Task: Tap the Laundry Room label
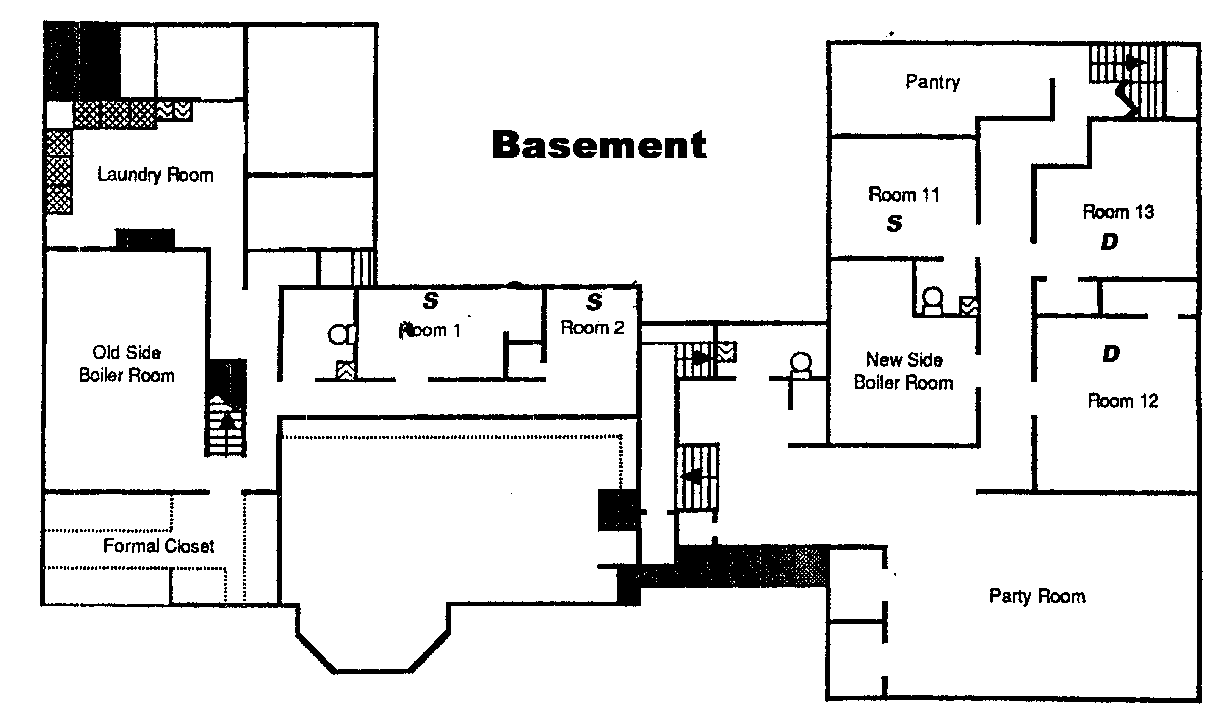pos(155,174)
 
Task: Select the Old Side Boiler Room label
pos(127,364)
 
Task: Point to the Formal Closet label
pos(159,546)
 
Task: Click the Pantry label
pos(932,82)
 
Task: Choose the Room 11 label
pos(904,194)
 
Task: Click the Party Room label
pos(1037,596)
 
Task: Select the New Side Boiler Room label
pos(904,371)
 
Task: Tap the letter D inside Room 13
pos(1110,241)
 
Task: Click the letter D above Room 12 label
pos(1111,354)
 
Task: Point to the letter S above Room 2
pos(594,302)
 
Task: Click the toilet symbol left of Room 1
pos(342,335)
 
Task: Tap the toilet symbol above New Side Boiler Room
pos(932,300)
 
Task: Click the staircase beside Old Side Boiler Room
pos(225,407)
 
